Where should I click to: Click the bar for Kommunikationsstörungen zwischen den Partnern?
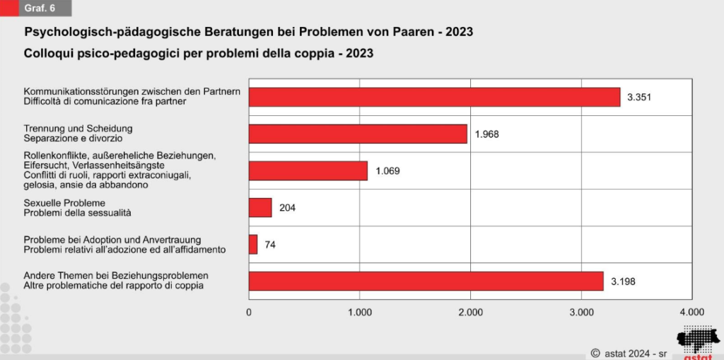coord(434,97)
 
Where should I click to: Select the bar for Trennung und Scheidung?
coord(358,134)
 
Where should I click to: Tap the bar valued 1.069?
coord(308,170)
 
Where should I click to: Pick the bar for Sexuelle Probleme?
coord(260,207)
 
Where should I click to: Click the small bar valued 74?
coord(253,244)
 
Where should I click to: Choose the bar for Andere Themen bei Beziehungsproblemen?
coord(426,281)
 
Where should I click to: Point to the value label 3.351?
coord(638,98)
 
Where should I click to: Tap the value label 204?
coord(286,208)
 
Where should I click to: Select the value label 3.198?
coord(621,281)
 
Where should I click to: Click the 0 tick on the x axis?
coord(249,311)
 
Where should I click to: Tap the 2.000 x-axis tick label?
coord(471,311)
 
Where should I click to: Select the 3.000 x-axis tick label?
coord(581,311)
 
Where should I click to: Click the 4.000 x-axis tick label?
coord(691,311)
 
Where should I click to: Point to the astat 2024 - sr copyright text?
coord(631,351)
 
